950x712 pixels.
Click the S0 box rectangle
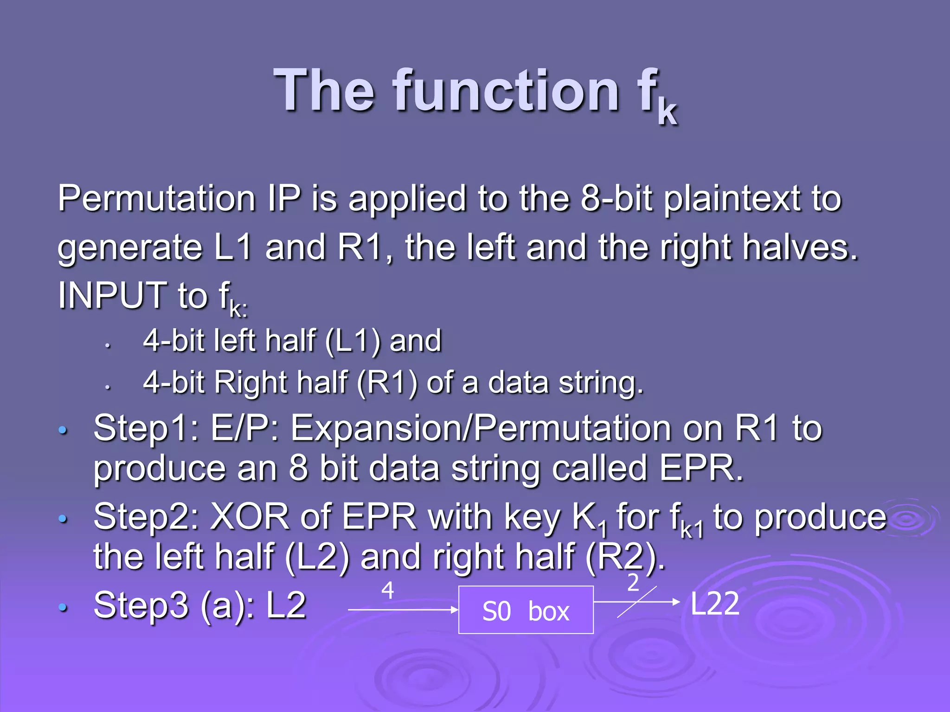[526, 610]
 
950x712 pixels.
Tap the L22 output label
[714, 604]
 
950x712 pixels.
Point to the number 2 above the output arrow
[633, 583]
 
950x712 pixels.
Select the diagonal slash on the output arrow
[636, 602]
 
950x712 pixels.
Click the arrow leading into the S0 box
[403, 610]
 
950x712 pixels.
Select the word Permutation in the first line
[156, 198]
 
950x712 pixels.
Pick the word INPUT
[112, 295]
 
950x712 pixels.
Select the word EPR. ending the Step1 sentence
[701, 468]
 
